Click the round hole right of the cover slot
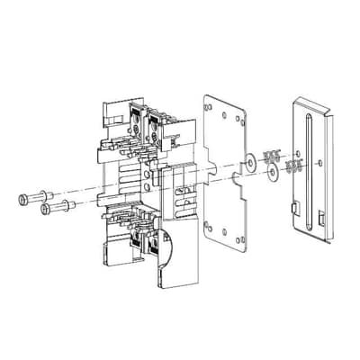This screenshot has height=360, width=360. [x=323, y=162]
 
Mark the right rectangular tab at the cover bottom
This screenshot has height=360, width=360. [x=322, y=220]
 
